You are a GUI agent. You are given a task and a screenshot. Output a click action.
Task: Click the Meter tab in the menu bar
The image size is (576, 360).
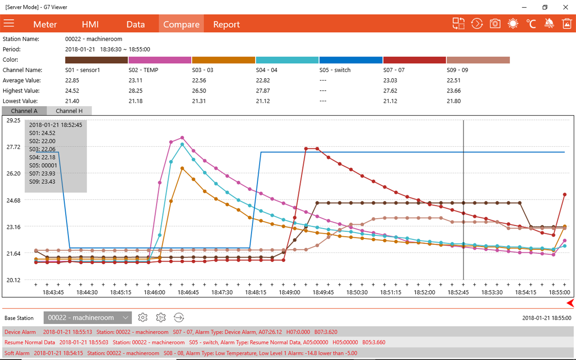pos(45,24)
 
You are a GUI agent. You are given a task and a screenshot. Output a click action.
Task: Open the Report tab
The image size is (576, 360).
pos(226,24)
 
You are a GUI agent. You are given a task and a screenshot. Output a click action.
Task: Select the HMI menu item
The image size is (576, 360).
pos(90,24)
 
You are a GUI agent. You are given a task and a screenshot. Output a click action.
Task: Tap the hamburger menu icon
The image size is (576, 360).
pos(9,23)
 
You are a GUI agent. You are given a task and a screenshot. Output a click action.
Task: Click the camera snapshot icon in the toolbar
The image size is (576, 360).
pos(495,24)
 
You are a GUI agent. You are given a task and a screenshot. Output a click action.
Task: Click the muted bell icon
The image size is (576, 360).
pos(549,24)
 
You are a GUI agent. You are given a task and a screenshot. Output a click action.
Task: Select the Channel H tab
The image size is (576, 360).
pos(69,111)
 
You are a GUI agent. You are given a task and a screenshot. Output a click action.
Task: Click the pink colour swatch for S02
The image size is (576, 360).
pos(160,60)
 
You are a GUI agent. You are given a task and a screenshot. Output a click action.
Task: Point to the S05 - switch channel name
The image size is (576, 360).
pos(335,70)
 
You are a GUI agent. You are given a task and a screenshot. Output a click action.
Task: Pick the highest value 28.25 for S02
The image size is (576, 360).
pos(136,91)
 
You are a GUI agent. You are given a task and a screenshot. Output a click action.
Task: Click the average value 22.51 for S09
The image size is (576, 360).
pos(454,80)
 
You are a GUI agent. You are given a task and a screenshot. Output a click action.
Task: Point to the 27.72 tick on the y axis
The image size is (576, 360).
pos(13,147)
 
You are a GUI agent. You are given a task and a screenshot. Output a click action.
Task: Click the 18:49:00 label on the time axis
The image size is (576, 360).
pos(289,292)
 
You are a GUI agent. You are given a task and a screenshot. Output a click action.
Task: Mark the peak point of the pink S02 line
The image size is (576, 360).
pos(182,138)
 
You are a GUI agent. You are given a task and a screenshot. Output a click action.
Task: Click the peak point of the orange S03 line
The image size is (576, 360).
pos(182,168)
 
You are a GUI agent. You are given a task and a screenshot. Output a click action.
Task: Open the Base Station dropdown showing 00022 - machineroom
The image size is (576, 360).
pos(88,318)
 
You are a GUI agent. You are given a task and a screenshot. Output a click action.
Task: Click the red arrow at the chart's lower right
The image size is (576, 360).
pos(570,303)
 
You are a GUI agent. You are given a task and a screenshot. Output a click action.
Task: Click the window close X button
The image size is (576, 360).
pos(565,7)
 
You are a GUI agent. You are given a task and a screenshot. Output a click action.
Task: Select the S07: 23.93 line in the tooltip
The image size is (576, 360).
pos(42,173)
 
